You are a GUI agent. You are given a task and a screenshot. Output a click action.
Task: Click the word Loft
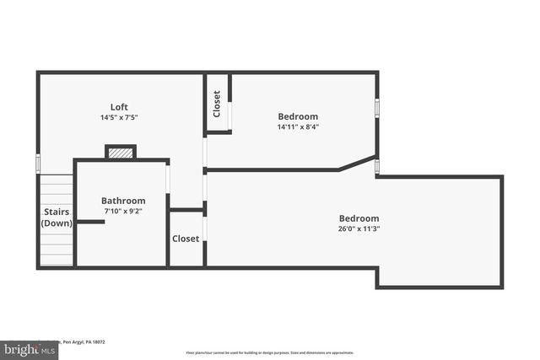[119, 106]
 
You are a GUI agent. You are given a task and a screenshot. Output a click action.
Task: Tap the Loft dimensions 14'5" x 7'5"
[119, 117]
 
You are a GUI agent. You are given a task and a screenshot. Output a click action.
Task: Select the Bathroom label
[123, 201]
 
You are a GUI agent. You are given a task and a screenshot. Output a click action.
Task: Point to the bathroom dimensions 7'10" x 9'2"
[123, 212]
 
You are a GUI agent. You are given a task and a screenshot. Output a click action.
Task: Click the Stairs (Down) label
[57, 218]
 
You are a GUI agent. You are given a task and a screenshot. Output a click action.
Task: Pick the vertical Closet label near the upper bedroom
[217, 104]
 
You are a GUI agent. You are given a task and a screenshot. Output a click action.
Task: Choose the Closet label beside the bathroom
[186, 239]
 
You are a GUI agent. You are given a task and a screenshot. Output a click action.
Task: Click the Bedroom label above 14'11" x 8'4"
[298, 116]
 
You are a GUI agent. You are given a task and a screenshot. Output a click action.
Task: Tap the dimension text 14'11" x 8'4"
[298, 127]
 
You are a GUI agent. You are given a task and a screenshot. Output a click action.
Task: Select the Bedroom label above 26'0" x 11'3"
[359, 218]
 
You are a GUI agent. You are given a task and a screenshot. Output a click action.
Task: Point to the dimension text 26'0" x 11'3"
[359, 228]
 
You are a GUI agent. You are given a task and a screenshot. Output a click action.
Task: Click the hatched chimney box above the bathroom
[121, 153]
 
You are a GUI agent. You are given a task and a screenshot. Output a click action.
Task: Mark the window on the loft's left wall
[38, 162]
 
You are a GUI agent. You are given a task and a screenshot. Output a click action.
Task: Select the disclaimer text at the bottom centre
[270, 352]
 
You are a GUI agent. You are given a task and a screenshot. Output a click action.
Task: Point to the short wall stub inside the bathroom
[90, 222]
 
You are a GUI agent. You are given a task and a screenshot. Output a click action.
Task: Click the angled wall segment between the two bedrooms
[357, 164]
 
